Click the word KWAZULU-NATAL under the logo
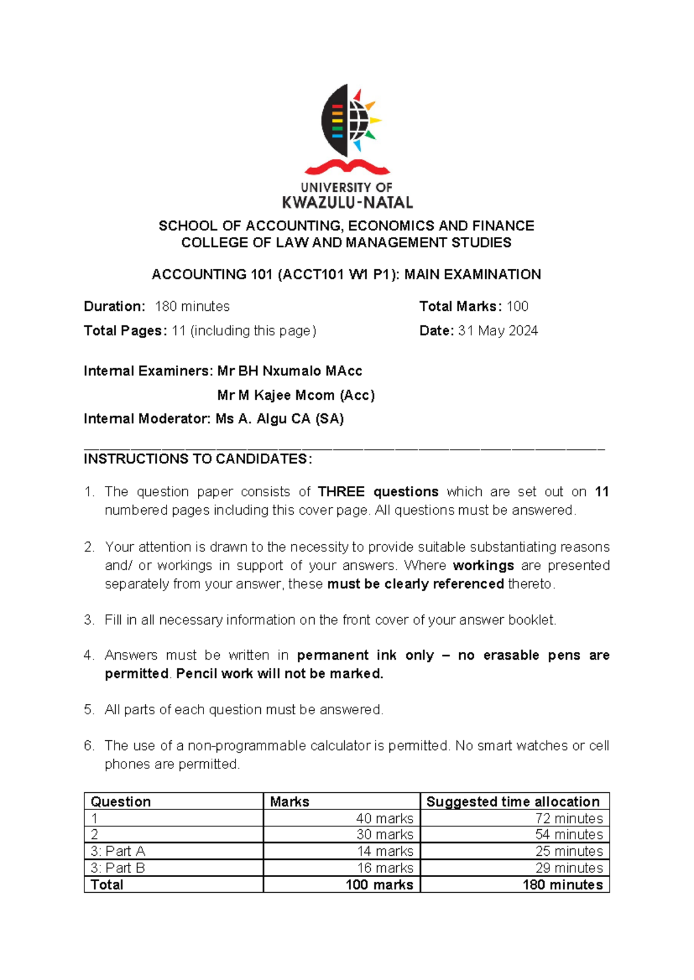(x=347, y=202)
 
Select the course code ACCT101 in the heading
(x=309, y=274)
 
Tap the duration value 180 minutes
(x=192, y=306)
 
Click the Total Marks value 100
(x=517, y=306)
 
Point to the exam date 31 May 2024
(x=497, y=331)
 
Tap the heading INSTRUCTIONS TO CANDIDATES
(x=198, y=459)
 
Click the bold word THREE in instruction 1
(x=341, y=492)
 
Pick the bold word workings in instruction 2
(x=483, y=566)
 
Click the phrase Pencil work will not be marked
(x=279, y=674)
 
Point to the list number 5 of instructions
(x=88, y=710)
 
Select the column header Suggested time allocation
(x=513, y=801)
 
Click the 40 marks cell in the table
(x=384, y=818)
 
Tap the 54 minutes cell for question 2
(x=569, y=834)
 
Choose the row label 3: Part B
(x=118, y=868)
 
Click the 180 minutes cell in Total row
(x=562, y=885)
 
